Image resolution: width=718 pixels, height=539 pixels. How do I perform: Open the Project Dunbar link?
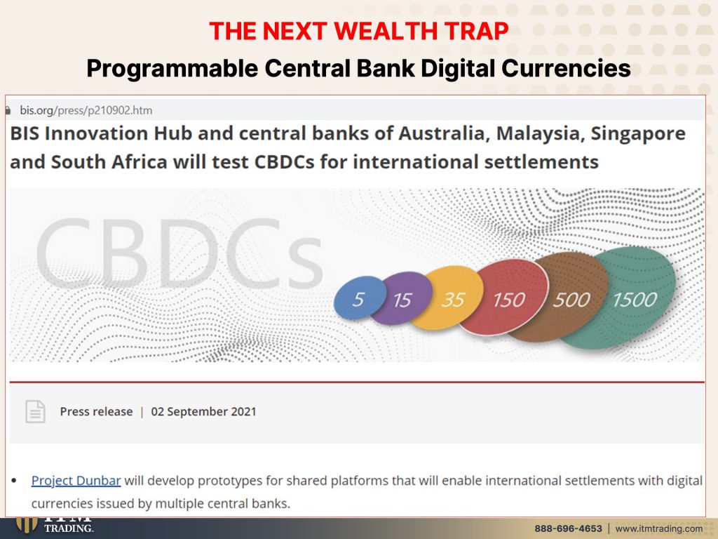pos(76,480)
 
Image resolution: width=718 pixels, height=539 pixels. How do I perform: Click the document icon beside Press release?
pos(35,411)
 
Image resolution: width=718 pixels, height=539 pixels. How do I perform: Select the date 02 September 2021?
pos(203,411)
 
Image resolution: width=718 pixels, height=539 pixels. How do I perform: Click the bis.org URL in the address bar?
pos(86,110)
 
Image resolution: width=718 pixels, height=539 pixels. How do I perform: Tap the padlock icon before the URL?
pos(8,110)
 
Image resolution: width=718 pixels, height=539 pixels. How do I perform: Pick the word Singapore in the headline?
pos(638,134)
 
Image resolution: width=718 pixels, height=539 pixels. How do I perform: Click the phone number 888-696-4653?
pos(568,528)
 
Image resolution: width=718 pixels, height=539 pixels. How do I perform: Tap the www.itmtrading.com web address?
pos(658,528)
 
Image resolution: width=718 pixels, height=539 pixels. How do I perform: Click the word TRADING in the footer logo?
pos(69,528)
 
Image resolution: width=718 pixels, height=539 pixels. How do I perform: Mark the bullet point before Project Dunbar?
pos(14,481)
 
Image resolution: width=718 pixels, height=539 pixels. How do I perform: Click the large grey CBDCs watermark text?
pos(179,253)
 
